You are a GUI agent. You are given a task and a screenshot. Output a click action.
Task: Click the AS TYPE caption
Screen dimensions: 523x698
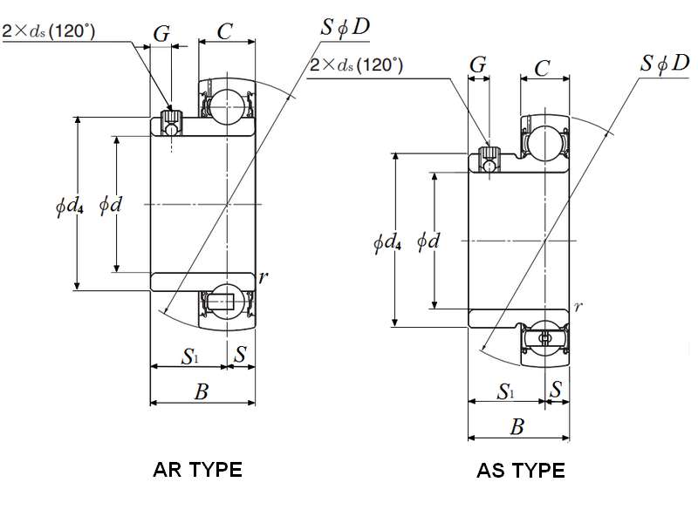point(520,471)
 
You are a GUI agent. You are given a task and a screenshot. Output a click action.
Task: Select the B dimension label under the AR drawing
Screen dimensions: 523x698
point(202,391)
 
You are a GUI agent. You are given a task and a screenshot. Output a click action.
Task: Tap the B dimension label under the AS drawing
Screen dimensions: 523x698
point(517,427)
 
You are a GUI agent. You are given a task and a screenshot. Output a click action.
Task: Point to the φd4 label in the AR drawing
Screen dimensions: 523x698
point(69,206)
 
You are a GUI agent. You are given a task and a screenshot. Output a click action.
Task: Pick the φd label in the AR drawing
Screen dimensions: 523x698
point(110,206)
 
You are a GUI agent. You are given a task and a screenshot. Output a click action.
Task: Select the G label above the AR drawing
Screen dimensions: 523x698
point(161,34)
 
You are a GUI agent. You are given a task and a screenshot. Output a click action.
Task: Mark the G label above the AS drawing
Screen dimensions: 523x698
point(477,66)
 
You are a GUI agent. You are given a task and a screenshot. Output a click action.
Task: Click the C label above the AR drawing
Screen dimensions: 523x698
point(224,32)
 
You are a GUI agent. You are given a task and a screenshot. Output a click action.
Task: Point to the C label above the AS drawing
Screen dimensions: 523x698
point(541,67)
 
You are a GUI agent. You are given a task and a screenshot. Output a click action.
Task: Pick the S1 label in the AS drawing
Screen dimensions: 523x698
point(506,391)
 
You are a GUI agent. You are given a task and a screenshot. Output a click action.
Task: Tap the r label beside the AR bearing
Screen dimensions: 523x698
point(263,277)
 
